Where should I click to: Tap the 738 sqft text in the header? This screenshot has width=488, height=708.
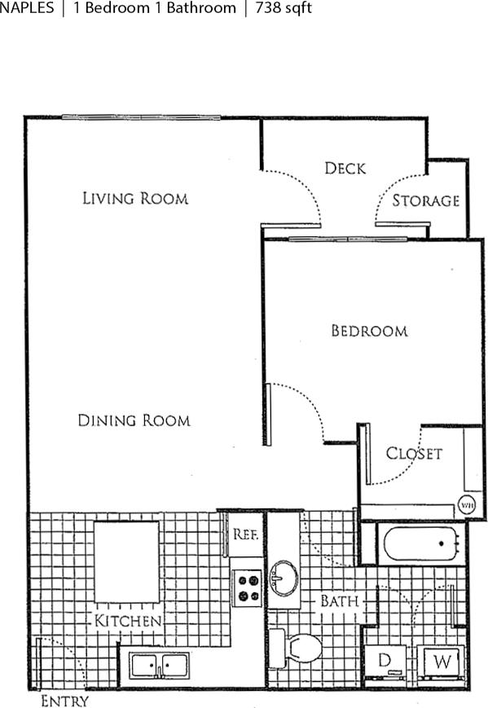click(284, 9)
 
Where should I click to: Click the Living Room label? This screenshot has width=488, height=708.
click(135, 198)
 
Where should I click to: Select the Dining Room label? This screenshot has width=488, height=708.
click(134, 420)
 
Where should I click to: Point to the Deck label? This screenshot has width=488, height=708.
click(345, 169)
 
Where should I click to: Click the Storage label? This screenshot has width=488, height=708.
click(425, 200)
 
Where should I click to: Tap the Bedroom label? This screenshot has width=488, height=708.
click(368, 331)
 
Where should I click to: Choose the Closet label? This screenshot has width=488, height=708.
click(413, 453)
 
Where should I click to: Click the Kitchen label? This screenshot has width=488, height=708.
click(128, 621)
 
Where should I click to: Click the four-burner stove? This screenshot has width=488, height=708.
click(248, 587)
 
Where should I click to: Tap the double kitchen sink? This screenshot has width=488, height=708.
click(159, 665)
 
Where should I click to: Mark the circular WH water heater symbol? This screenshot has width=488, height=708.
click(468, 504)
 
